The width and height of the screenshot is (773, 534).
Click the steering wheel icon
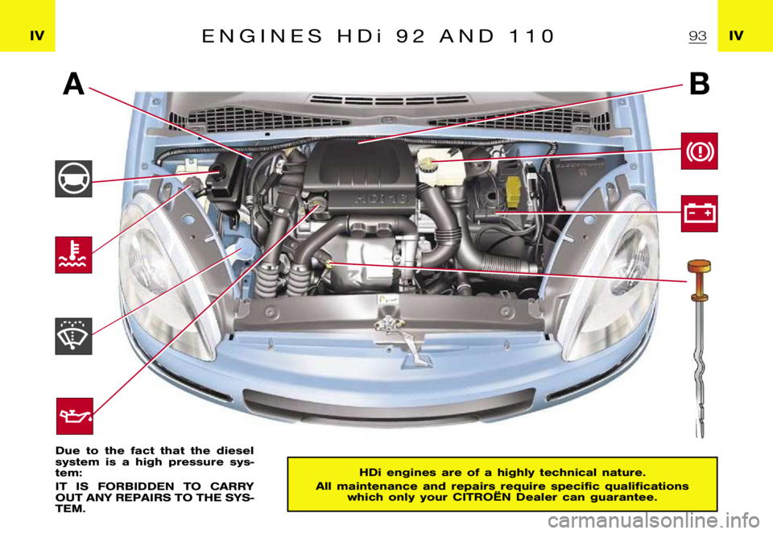tap(74, 179)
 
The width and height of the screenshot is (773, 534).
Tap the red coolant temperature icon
tap(74, 255)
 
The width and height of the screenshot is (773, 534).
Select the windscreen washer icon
tap(74, 336)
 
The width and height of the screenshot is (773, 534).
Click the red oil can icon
tap(74, 416)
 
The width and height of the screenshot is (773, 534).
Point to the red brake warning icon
tap(698, 151)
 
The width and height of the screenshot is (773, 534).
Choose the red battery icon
tap(698, 213)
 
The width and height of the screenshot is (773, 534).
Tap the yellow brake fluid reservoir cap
tap(426, 166)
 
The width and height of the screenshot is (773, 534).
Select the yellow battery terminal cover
tap(513, 188)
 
